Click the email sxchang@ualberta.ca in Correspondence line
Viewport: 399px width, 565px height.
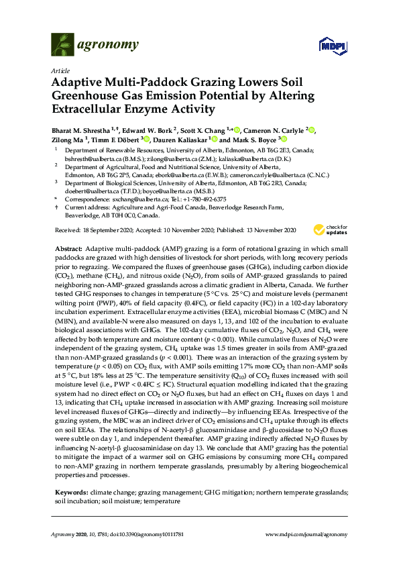139,199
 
